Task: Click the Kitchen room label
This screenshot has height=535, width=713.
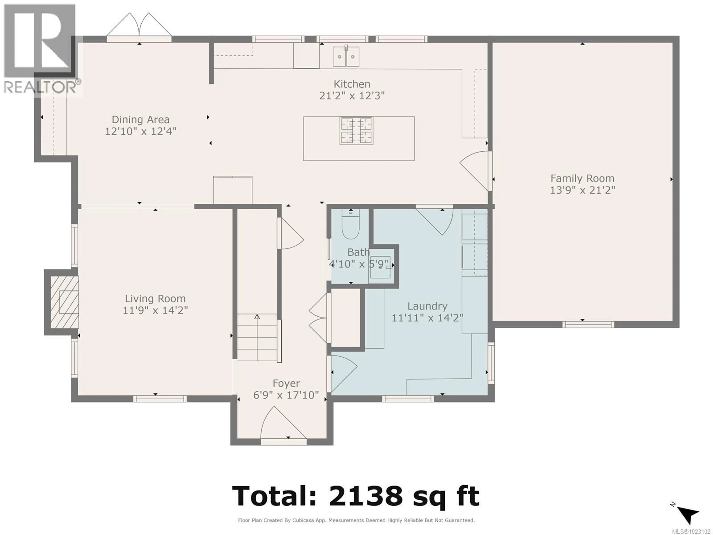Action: (x=352, y=84)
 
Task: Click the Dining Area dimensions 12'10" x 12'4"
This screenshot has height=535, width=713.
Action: (x=141, y=132)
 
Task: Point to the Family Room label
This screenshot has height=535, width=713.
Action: (x=582, y=178)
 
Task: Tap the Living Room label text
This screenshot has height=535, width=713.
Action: (x=155, y=299)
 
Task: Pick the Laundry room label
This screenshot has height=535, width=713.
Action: (x=427, y=306)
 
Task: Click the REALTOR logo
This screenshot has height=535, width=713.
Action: (x=40, y=48)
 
